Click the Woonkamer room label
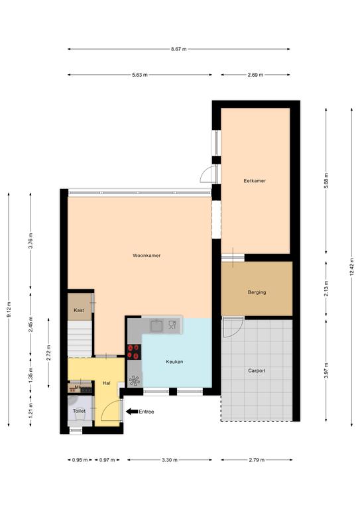point(147,255)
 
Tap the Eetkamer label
point(255,181)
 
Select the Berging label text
point(257,292)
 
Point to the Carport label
point(257,370)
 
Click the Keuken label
point(174,362)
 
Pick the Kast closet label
point(79,310)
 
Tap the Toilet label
point(79,411)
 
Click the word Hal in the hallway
point(107,383)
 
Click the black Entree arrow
point(132,412)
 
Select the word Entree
point(147,412)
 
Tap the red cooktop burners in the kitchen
point(134,352)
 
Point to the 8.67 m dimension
point(179,49)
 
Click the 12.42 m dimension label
point(351,267)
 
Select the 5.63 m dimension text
point(140,75)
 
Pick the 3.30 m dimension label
point(170,460)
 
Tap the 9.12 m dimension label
point(9,310)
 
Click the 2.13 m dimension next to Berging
point(326,288)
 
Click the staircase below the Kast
point(80,339)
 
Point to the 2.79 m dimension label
point(257,460)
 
